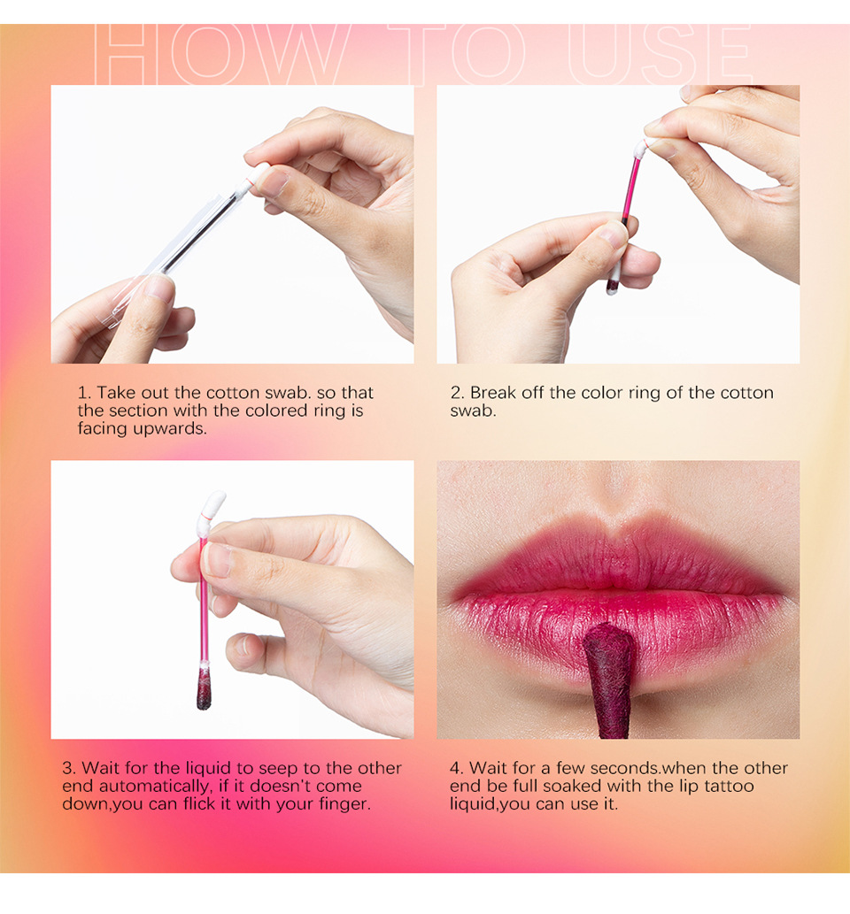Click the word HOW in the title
pyautogui.click(x=221, y=55)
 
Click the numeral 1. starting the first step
pyautogui.click(x=84, y=393)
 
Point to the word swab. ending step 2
pyautogui.click(x=473, y=411)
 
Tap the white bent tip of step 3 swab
pyautogui.click(x=212, y=505)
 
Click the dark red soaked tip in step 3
pyautogui.click(x=204, y=690)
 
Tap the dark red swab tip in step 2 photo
pyautogui.click(x=613, y=286)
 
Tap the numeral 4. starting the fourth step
pyautogui.click(x=457, y=768)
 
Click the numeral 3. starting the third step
pyautogui.click(x=69, y=768)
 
